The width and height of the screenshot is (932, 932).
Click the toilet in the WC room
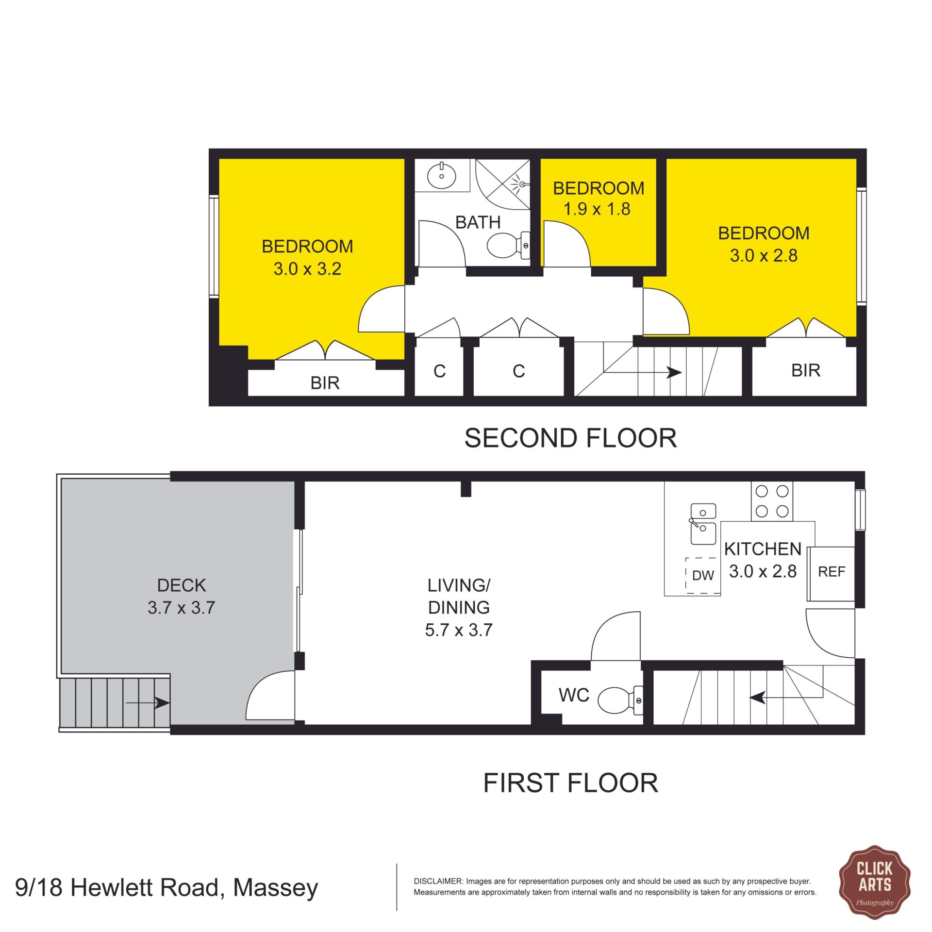(x=620, y=700)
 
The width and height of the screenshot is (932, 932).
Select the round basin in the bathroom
(x=441, y=175)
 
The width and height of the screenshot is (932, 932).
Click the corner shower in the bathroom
(x=502, y=184)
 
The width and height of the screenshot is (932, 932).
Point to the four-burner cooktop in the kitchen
(x=772, y=501)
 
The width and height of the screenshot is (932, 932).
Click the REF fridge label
(x=832, y=572)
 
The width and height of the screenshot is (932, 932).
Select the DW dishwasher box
(x=703, y=576)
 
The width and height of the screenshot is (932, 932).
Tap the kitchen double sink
(x=703, y=524)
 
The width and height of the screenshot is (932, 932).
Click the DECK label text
(x=182, y=585)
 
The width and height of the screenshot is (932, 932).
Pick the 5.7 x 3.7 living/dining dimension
(x=459, y=630)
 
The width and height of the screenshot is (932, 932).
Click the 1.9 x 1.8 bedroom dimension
(x=597, y=209)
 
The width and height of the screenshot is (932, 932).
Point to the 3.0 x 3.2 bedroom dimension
(x=307, y=268)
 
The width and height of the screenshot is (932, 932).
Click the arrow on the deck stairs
(x=148, y=702)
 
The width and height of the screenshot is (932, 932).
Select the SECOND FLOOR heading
(x=570, y=438)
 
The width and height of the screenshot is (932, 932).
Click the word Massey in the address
(x=275, y=888)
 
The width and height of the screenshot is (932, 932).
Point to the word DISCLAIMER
(x=438, y=881)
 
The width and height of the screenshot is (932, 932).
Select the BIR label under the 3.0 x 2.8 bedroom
(x=806, y=370)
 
